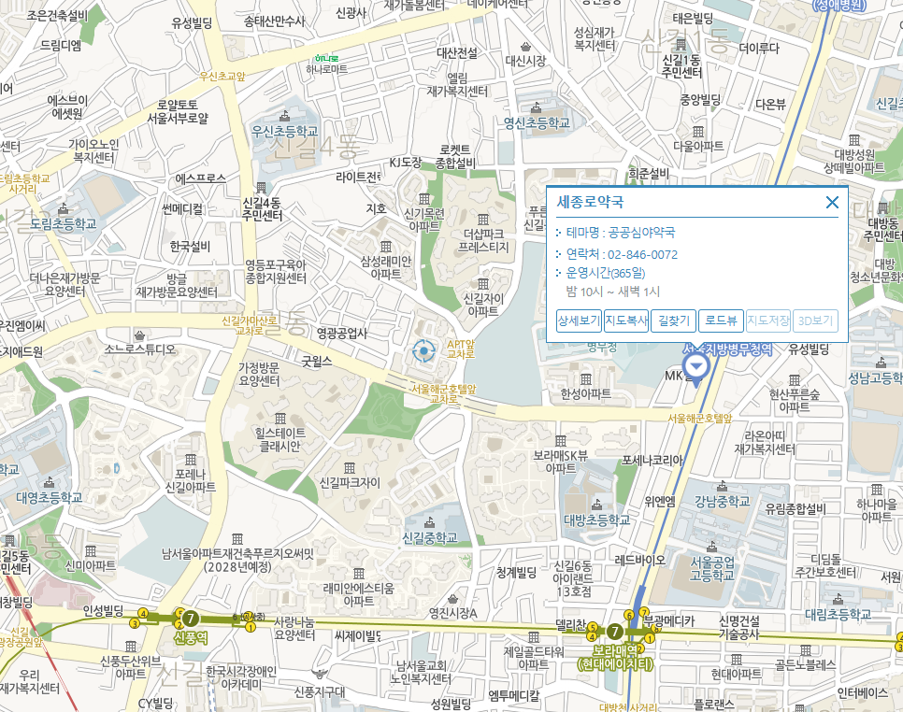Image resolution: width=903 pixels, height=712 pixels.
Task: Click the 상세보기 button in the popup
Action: pos(579,321)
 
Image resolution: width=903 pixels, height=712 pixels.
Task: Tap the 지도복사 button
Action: pos(626,321)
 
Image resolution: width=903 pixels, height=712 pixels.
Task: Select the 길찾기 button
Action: pos(673,321)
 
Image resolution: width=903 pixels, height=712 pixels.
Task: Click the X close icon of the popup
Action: pos(832,202)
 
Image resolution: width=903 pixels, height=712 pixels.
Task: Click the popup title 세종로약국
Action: pos(590,202)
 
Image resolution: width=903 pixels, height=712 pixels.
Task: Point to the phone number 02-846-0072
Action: pos(642,254)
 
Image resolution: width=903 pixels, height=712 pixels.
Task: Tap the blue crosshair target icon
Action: pos(424,351)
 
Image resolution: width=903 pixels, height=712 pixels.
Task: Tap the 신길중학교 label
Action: pos(429,538)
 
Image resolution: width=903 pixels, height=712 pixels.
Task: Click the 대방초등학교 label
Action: pos(597,519)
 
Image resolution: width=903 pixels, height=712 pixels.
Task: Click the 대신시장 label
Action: pos(525,61)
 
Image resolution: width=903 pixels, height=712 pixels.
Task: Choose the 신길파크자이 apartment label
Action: pos(350,483)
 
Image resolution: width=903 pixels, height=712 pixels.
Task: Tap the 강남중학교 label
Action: pos(723,501)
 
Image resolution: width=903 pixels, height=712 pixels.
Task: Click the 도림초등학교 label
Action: pos(63,224)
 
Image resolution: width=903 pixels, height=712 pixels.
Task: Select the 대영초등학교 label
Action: pos(49,497)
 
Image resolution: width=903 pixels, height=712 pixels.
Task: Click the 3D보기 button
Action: pos(815,321)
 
